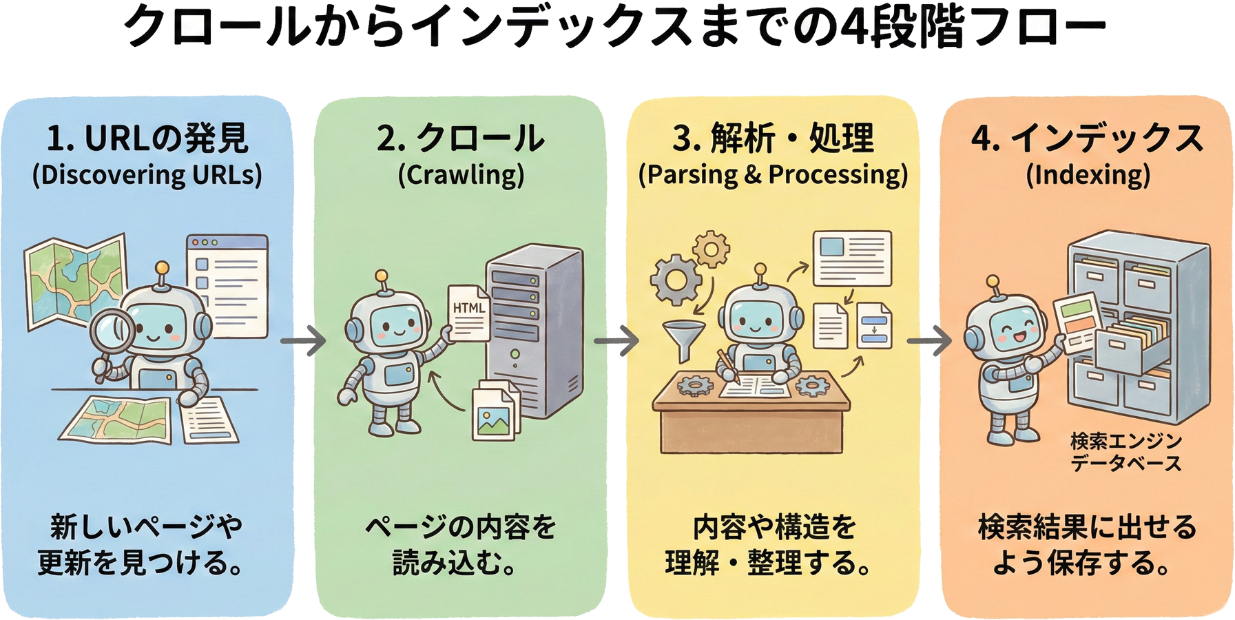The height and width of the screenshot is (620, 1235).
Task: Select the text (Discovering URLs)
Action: [147, 175]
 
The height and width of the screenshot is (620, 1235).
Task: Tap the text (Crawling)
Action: [461, 175]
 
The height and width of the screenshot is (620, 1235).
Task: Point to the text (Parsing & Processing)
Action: [773, 175]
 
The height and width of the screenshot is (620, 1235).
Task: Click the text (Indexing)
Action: [1088, 175]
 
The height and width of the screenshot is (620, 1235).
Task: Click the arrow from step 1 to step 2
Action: [303, 340]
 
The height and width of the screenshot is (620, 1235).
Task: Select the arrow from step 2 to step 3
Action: [616, 340]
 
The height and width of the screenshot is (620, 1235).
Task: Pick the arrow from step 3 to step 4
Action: [929, 340]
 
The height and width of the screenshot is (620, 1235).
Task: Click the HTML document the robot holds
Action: [469, 313]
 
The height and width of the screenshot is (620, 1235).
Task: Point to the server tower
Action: [534, 331]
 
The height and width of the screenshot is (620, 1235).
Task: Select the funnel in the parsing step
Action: [683, 340]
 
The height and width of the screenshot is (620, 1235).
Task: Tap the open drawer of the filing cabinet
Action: [1130, 344]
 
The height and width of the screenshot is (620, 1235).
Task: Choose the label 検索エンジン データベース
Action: [1125, 452]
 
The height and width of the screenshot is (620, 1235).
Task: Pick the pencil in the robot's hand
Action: [727, 366]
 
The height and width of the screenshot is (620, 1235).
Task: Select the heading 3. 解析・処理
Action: [773, 138]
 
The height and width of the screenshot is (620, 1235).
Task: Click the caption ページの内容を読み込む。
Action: [459, 545]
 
